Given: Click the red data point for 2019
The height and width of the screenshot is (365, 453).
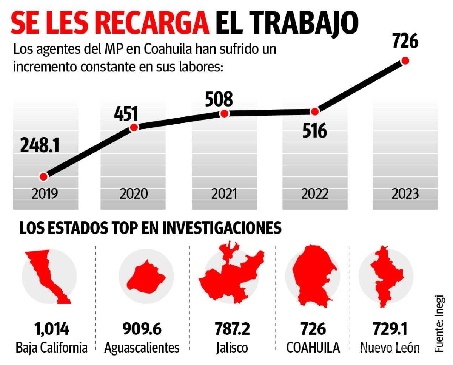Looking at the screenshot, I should click(x=43, y=176).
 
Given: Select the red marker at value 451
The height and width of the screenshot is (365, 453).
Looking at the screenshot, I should click(x=134, y=127).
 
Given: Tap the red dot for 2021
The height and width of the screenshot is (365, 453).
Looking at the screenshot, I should click(x=224, y=114).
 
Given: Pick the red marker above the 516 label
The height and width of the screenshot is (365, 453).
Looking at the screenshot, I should click(x=315, y=111).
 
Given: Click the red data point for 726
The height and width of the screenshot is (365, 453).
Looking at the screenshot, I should click(x=405, y=60).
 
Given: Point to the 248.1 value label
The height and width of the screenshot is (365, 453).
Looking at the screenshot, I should click(x=40, y=146).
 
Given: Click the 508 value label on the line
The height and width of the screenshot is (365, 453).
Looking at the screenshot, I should click(x=219, y=99).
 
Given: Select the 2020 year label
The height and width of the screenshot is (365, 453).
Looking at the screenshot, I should click(x=134, y=194).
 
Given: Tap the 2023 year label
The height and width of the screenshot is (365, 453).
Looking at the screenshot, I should click(x=405, y=194).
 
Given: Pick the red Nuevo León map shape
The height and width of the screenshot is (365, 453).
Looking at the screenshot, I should click(x=383, y=276).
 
